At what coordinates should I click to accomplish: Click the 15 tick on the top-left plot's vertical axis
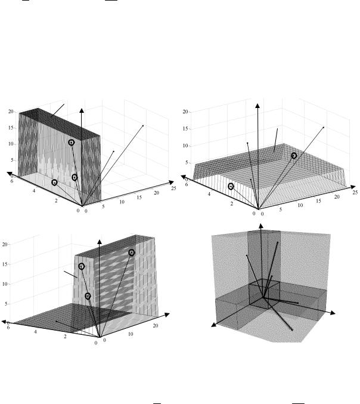(x=11, y=128)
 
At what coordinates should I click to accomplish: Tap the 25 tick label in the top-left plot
(x=173, y=189)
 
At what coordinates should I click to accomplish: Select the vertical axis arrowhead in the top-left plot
(x=82, y=110)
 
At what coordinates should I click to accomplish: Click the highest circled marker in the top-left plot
(x=72, y=143)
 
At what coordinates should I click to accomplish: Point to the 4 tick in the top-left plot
(x=34, y=191)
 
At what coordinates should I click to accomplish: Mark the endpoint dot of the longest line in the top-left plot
(x=143, y=126)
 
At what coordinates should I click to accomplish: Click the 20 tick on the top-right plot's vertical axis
(x=185, y=112)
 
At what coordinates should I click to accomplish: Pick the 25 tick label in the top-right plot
(x=355, y=193)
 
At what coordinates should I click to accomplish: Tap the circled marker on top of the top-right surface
(x=294, y=156)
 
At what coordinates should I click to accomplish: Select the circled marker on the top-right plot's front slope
(x=231, y=186)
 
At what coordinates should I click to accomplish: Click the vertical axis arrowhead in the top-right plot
(x=257, y=106)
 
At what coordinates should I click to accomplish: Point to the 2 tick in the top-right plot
(x=232, y=204)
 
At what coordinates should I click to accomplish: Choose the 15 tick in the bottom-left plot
(x=5, y=264)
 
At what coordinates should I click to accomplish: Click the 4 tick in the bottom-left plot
(x=35, y=332)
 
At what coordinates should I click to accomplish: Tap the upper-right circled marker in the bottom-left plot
(x=132, y=253)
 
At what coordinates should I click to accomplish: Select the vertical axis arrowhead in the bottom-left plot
(x=100, y=242)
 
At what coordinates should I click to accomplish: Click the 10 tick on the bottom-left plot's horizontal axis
(x=131, y=334)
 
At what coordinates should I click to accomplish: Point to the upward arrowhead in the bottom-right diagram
(x=261, y=226)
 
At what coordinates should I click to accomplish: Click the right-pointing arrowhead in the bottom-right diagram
(x=333, y=313)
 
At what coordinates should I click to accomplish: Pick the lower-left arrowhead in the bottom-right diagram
(x=213, y=325)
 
